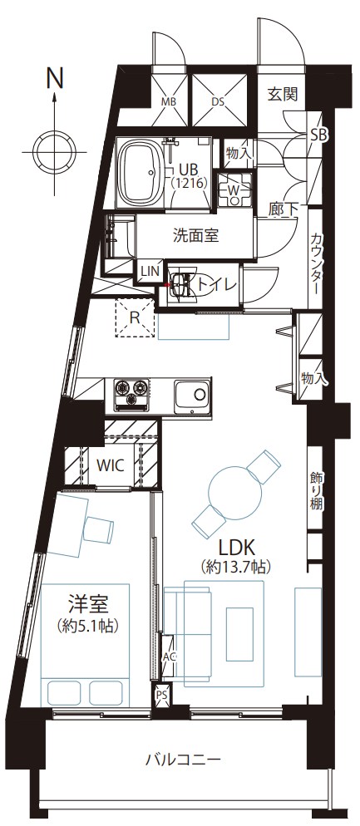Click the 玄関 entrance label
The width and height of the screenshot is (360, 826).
[x=283, y=94]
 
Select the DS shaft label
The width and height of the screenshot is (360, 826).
[x=219, y=101]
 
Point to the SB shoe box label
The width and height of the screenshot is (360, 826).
[x=318, y=135]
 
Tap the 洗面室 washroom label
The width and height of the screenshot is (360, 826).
[x=195, y=235]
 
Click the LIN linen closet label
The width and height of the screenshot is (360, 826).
[x=150, y=271]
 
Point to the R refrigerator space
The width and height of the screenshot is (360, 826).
[x=136, y=317]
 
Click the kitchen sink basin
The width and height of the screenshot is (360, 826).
[x=192, y=395]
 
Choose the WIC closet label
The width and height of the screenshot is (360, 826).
[x=111, y=465]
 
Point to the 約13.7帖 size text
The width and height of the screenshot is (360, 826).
[x=236, y=568]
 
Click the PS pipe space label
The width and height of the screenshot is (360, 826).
[x=161, y=695]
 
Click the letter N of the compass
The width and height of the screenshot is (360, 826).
[x=55, y=78]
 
